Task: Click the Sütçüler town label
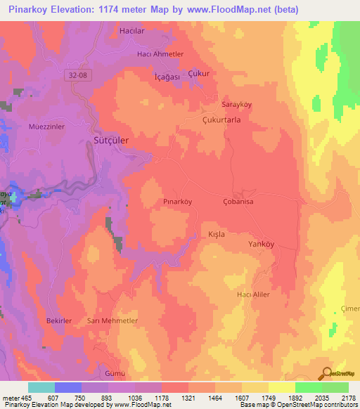coord(111,141)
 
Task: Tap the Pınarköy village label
coord(177,202)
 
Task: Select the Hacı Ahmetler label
coord(160,54)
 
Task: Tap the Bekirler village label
coord(59,320)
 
